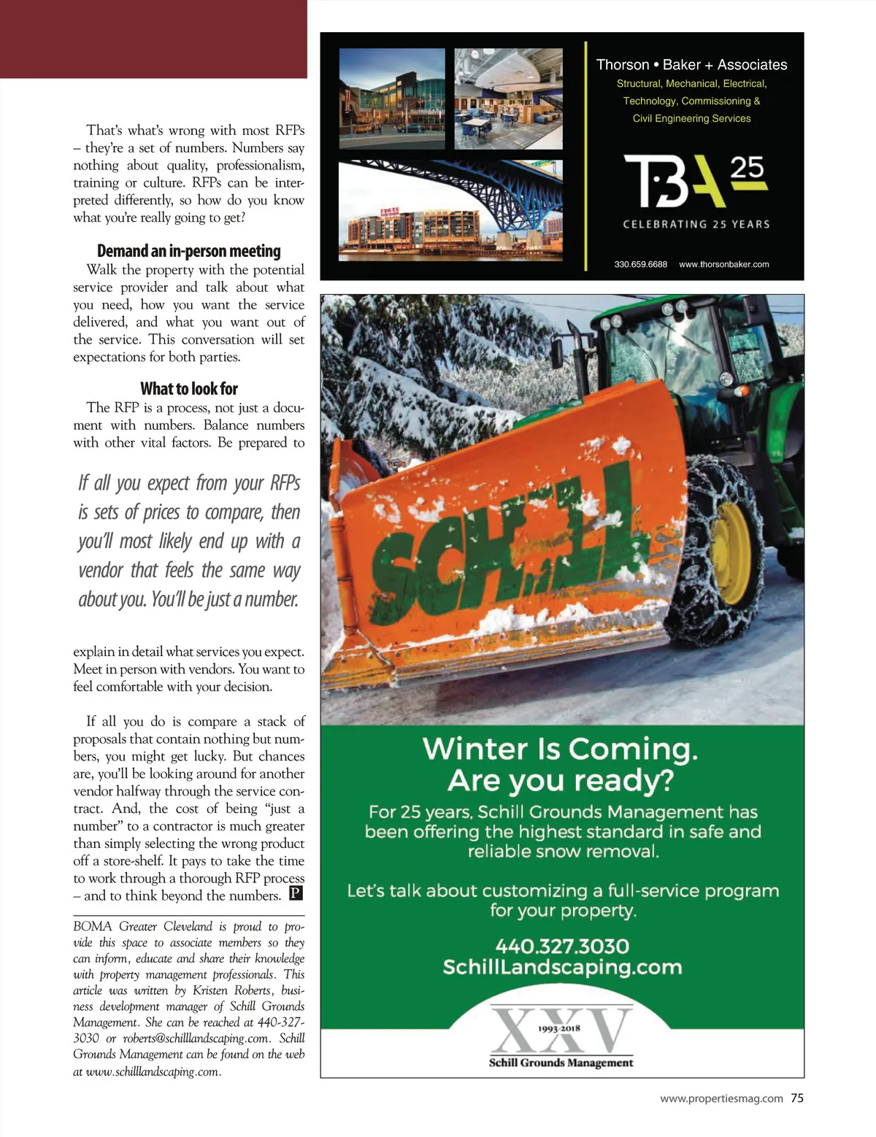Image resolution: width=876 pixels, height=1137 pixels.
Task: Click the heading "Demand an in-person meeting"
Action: click(x=188, y=251)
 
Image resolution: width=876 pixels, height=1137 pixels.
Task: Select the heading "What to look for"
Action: click(x=189, y=389)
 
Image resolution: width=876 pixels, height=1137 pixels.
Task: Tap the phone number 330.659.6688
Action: click(x=640, y=264)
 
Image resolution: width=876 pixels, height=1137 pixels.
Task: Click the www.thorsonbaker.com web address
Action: click(x=723, y=264)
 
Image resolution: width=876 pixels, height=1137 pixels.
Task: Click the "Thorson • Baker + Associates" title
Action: click(x=691, y=65)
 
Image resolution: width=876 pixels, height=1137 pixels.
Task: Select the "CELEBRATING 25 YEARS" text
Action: click(x=696, y=224)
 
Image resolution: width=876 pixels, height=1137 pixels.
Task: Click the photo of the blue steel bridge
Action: click(x=450, y=210)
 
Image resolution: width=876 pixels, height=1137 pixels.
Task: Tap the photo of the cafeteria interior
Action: click(x=508, y=99)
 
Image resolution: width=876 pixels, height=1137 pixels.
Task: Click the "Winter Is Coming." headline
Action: click(x=560, y=749)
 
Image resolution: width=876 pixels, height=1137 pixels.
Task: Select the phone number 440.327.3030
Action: click(x=561, y=946)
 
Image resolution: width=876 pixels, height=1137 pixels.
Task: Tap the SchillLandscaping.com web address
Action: click(x=561, y=967)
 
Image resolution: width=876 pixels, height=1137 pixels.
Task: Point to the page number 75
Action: click(x=797, y=1098)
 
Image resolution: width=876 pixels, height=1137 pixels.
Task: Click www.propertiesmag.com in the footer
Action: click(x=721, y=1098)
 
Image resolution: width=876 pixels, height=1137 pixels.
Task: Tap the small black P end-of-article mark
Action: click(x=296, y=893)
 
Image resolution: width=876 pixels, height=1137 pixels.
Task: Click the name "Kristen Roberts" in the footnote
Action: click(x=231, y=990)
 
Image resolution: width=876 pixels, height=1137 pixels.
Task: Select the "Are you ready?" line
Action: click(x=560, y=781)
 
